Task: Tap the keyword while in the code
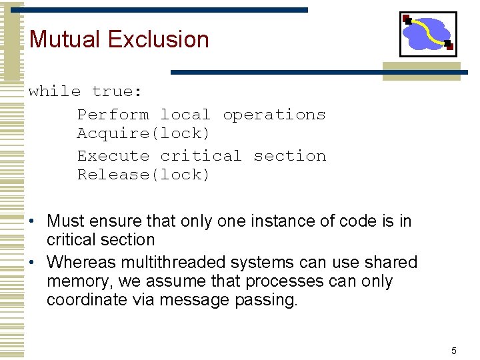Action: pos(55,91)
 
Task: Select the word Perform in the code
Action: pos(113,115)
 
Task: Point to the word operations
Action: pos(274,115)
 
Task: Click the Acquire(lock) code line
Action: pos(143,133)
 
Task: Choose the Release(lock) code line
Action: pos(143,175)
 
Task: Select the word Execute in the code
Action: pos(113,156)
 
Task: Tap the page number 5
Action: pos(454,351)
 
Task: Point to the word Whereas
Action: pos(82,263)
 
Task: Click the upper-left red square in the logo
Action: pos(407,19)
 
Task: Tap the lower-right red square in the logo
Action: pos(449,46)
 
